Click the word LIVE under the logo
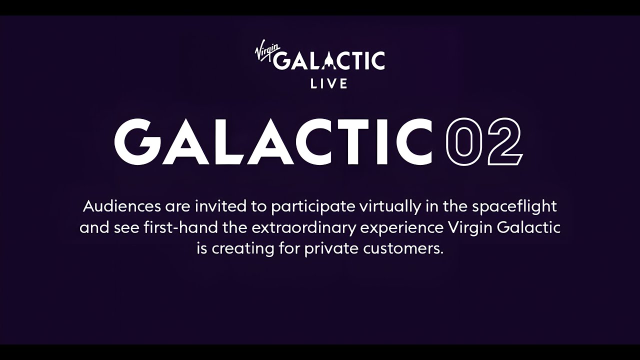coord(329,83)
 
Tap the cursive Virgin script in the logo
coord(264,51)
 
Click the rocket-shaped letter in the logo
coord(329,60)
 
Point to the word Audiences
coord(122,206)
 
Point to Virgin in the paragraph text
coord(470,227)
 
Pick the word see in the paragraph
coord(130,227)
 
